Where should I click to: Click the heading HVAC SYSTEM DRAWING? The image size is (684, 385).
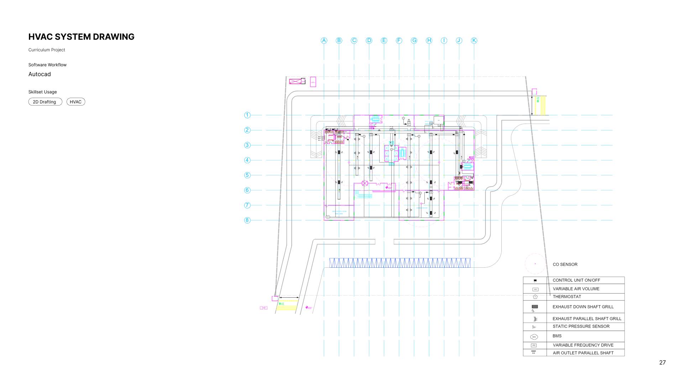coord(81,37)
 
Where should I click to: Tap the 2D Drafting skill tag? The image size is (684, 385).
coord(45,102)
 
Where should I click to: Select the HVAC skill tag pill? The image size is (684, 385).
coord(75,102)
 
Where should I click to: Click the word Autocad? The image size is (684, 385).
coord(40,74)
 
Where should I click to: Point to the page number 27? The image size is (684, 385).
coord(662,363)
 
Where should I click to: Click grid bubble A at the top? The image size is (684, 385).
coord(324,41)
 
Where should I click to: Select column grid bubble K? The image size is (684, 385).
coord(474,41)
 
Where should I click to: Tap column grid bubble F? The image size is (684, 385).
coord(399,41)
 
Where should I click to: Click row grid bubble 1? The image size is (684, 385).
coord(247,115)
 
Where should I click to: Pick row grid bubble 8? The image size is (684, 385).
coord(247,220)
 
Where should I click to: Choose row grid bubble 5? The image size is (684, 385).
coord(247,175)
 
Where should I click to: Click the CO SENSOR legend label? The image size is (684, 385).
coord(565,265)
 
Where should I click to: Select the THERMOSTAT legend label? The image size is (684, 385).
coord(566,297)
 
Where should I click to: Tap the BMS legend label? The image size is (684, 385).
coord(557,336)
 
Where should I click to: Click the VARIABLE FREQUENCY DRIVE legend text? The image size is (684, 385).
coord(583,345)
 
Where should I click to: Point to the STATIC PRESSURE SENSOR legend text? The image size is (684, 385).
coord(581,327)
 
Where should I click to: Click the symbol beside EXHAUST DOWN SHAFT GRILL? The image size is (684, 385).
coord(534,307)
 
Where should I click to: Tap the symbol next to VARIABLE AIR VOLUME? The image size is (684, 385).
coord(535,289)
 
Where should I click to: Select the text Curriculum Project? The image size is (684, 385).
coord(47,50)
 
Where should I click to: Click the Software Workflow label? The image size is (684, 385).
coord(47,65)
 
